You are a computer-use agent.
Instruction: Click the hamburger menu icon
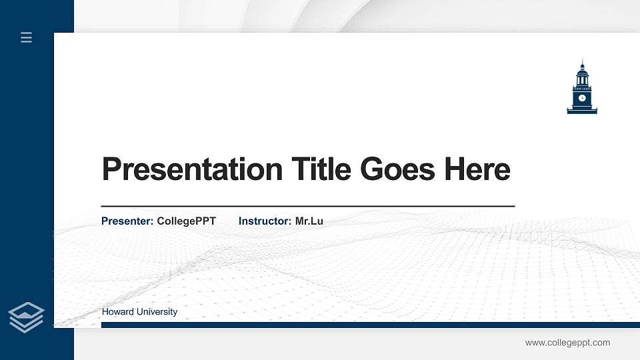pyautogui.click(x=26, y=37)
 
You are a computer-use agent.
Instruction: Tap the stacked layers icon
pyautogui.click(x=26, y=317)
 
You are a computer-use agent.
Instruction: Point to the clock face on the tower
pyautogui.click(x=582, y=98)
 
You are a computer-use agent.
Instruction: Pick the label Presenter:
pyautogui.click(x=127, y=221)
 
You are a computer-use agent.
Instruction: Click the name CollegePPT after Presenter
pyautogui.click(x=186, y=221)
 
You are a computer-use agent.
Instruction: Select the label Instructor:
pyautogui.click(x=265, y=221)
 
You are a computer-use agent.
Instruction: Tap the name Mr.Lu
pyautogui.click(x=309, y=221)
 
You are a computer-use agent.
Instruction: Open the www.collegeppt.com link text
pyautogui.click(x=567, y=343)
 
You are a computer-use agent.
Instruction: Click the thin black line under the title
pyautogui.click(x=307, y=207)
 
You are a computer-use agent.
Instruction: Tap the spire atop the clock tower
pyautogui.click(x=582, y=63)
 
